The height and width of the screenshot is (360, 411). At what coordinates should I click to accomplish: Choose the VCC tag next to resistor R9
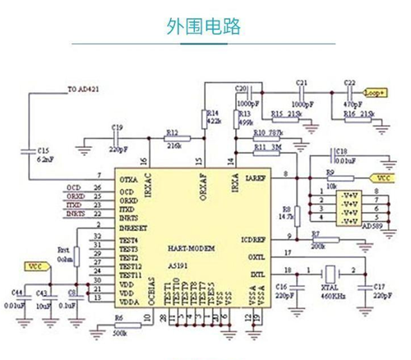point(382,178)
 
